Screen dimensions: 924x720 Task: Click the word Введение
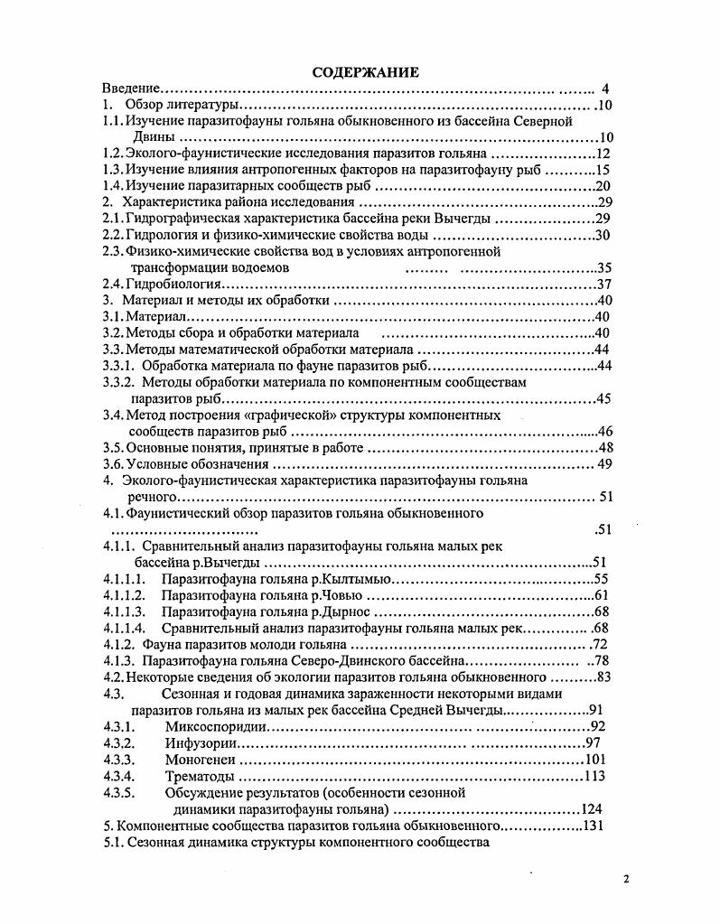point(130,89)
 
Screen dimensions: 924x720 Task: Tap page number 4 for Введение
point(605,89)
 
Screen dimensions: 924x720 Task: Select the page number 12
point(604,154)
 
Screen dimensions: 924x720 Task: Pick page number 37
point(604,284)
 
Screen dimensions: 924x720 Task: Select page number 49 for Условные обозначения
point(605,463)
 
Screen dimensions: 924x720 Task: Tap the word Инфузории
point(201,742)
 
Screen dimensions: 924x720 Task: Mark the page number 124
point(591,808)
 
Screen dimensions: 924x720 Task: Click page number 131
point(593,826)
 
